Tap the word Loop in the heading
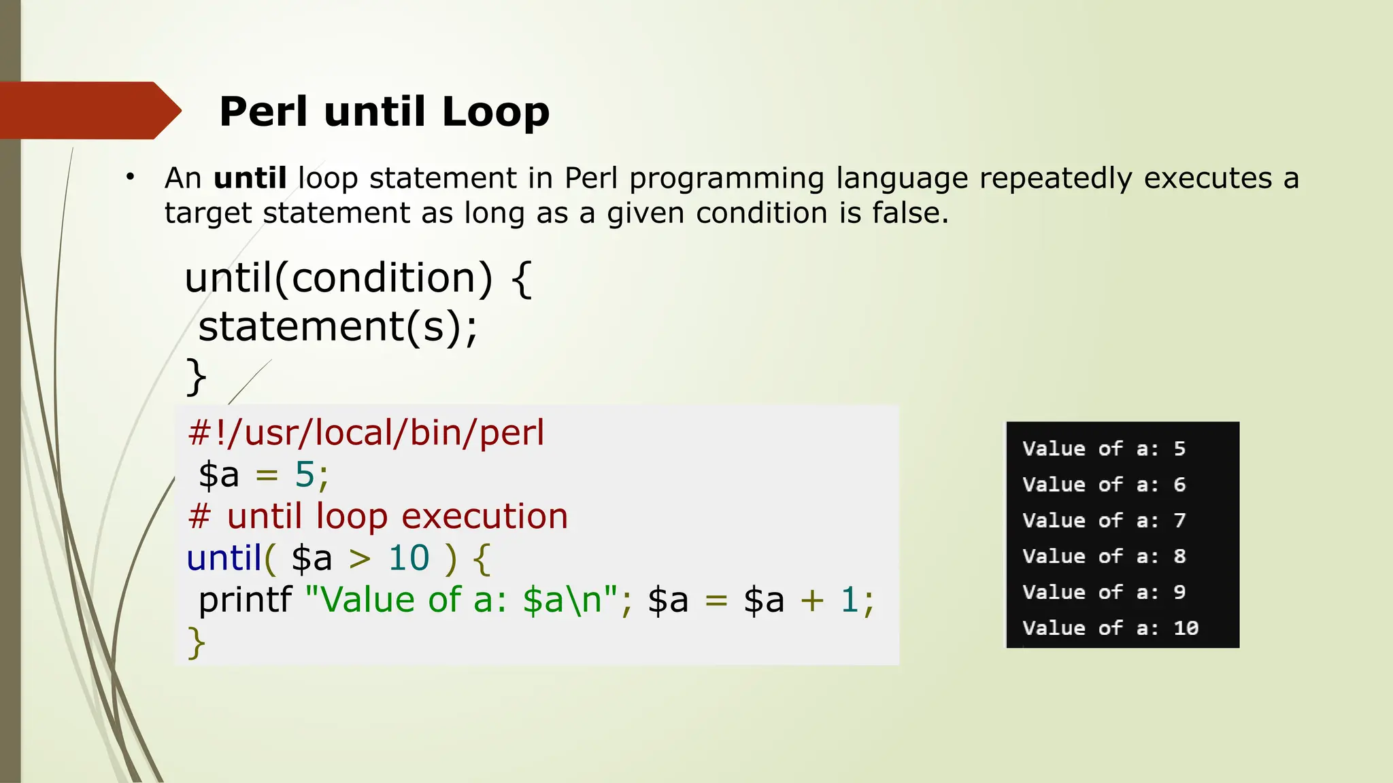point(495,111)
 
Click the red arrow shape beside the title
point(85,110)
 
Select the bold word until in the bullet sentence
point(250,178)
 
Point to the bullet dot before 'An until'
point(130,177)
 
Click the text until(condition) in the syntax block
point(338,278)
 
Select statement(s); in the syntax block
point(338,327)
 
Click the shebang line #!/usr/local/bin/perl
point(366,433)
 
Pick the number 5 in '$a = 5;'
point(304,474)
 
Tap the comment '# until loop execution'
point(377,517)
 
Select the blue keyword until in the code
point(224,558)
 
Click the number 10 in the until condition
point(409,558)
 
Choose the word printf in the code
point(245,600)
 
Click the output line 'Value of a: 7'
point(1103,521)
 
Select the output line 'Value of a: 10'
point(1109,628)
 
